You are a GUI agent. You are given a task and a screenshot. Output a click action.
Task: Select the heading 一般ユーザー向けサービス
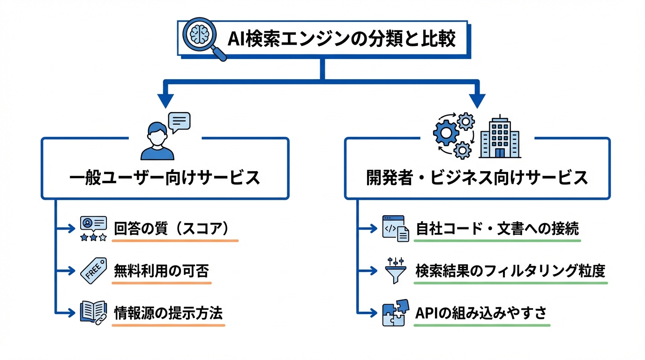point(165,179)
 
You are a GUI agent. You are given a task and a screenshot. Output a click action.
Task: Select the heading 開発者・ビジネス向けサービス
point(477,179)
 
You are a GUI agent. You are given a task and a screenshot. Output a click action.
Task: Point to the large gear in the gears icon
point(446,134)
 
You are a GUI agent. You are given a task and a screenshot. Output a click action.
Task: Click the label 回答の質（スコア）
point(173,229)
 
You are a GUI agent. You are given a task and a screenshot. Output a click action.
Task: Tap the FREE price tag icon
point(93,270)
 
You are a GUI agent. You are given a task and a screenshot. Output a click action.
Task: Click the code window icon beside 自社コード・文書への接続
point(395,228)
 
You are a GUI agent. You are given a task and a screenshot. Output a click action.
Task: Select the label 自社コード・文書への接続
point(497,229)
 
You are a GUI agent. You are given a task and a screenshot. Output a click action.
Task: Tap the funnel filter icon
point(395,270)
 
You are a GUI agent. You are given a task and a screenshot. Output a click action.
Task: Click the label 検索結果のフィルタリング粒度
point(510,271)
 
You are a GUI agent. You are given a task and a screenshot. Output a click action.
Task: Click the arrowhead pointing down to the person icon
point(165,99)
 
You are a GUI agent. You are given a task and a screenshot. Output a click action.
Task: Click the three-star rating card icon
point(93,229)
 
